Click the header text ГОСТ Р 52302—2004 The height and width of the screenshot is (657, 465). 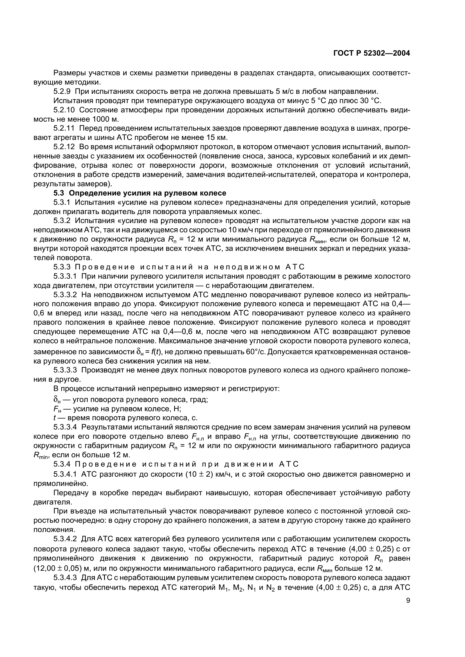[372, 53]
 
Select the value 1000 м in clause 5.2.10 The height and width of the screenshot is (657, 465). [105, 119]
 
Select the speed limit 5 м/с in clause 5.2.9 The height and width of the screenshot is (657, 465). [287, 92]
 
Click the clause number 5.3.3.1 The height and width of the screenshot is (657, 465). [65, 276]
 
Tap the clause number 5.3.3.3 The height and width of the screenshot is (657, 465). [65, 370]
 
